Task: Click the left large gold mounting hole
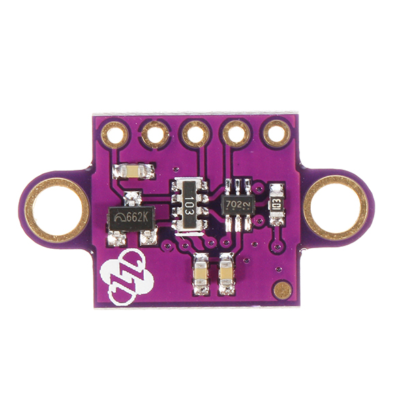pyautogui.click(x=57, y=209)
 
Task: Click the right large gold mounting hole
pyautogui.click(x=335, y=207)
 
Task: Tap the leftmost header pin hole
pyautogui.click(x=115, y=134)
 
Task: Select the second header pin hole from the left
pyautogui.click(x=155, y=134)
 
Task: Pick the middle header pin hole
pyautogui.click(x=196, y=134)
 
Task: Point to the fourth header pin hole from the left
pyautogui.click(x=237, y=133)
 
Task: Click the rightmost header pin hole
pyautogui.click(x=277, y=132)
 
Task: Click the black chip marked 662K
pyautogui.click(x=132, y=218)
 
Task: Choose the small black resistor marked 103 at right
pyautogui.click(x=277, y=203)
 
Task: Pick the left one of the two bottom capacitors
pyautogui.click(x=201, y=274)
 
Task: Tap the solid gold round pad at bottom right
pyautogui.click(x=282, y=290)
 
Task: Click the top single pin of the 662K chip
pyautogui.click(x=133, y=198)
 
